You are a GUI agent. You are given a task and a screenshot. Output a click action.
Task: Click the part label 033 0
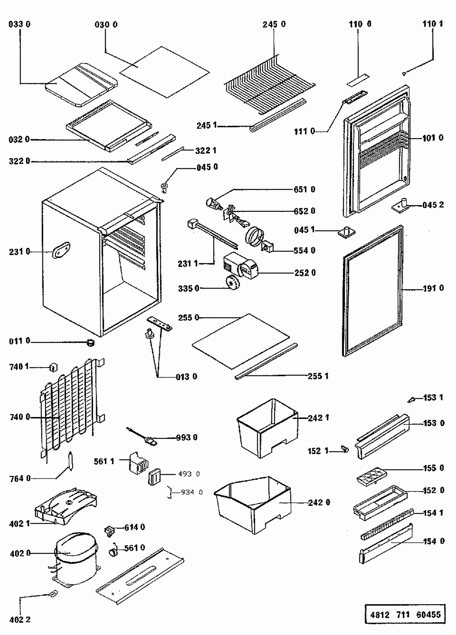(x=19, y=24)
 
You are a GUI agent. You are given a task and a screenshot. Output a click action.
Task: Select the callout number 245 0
(x=274, y=24)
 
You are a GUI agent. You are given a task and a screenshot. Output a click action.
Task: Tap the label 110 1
(x=432, y=24)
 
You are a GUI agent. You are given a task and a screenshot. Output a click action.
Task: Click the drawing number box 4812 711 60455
(x=405, y=614)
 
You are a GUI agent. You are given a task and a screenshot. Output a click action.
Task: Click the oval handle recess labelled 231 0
(x=61, y=250)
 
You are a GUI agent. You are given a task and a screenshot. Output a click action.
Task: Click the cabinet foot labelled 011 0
(x=90, y=343)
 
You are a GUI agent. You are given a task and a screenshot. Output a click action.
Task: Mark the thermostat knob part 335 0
(x=233, y=283)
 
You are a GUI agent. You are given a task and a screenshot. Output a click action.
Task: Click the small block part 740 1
(x=54, y=368)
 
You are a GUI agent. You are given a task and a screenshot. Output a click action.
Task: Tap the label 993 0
(x=187, y=437)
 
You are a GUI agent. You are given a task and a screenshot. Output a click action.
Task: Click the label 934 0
(x=192, y=492)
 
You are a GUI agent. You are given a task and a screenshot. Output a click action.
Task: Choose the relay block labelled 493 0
(x=154, y=477)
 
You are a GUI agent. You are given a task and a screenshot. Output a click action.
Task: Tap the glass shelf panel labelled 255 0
(x=241, y=340)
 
